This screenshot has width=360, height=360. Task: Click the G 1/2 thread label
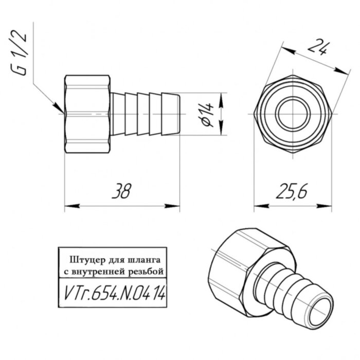[x=19, y=53]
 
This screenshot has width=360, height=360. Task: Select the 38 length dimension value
[x=122, y=191]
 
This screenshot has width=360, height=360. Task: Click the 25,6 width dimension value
[x=292, y=191]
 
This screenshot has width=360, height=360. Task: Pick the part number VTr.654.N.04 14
[x=114, y=294]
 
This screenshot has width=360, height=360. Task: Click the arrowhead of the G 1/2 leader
[x=59, y=109]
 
